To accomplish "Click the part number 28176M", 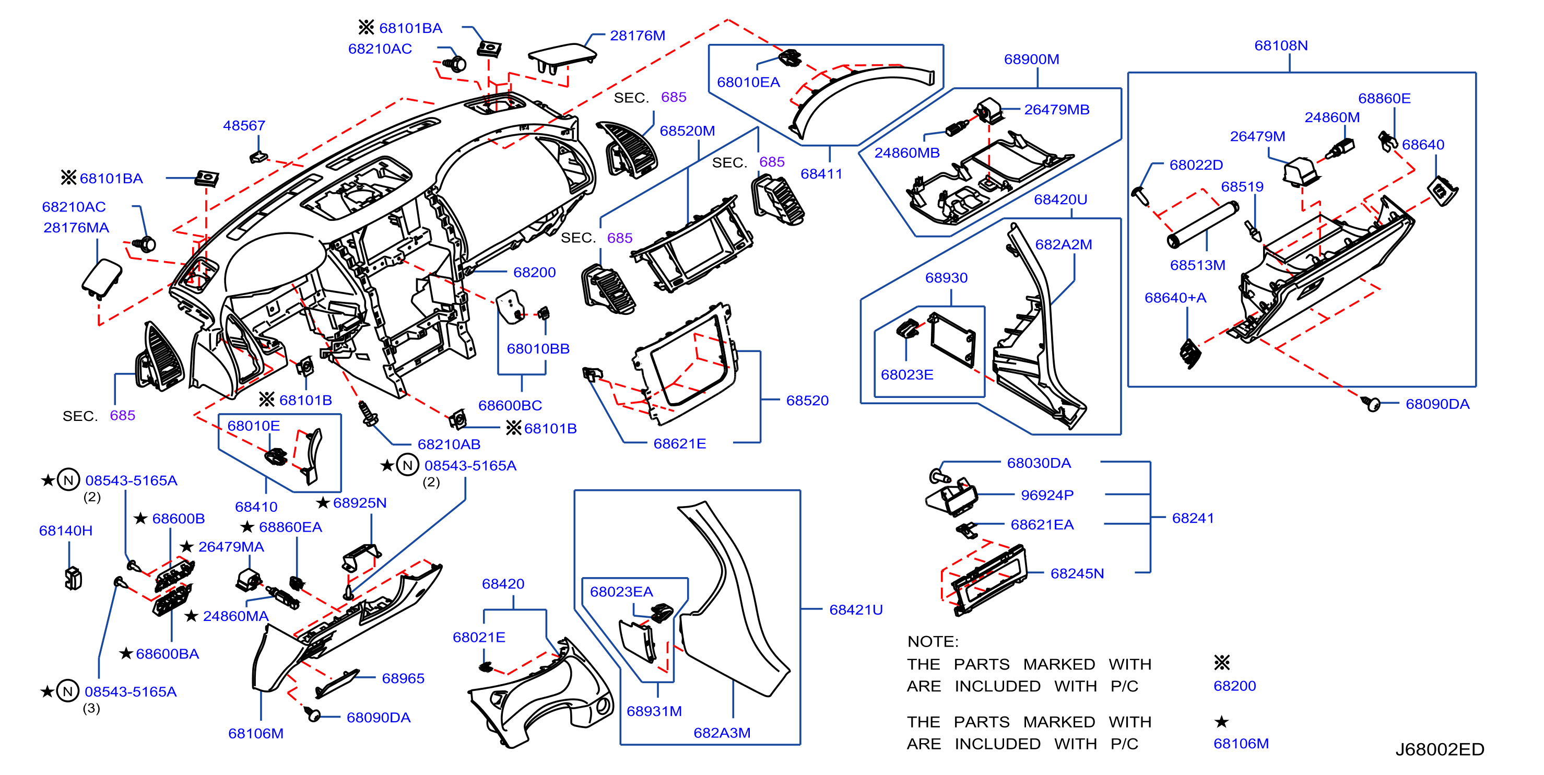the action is coord(637,36).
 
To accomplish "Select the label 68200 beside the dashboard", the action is coord(534,272).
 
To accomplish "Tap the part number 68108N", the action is coord(1281,45).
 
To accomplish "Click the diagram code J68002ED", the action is coord(1440,749).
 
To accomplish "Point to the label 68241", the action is coord(1193,518).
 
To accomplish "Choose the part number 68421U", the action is coord(856,609).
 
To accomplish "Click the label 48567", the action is coord(244,126).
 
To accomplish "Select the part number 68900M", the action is coord(1032,60).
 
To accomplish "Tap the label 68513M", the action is coord(1198,265).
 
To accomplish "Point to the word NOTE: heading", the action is coord(933,641).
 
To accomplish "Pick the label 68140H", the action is coord(66,531).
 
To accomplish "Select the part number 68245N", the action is coord(1077,573).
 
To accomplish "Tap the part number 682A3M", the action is coord(722,733).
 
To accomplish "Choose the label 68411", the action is coord(821,174).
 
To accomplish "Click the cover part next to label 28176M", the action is coord(562,58).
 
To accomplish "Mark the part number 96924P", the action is coord(1047,495).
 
